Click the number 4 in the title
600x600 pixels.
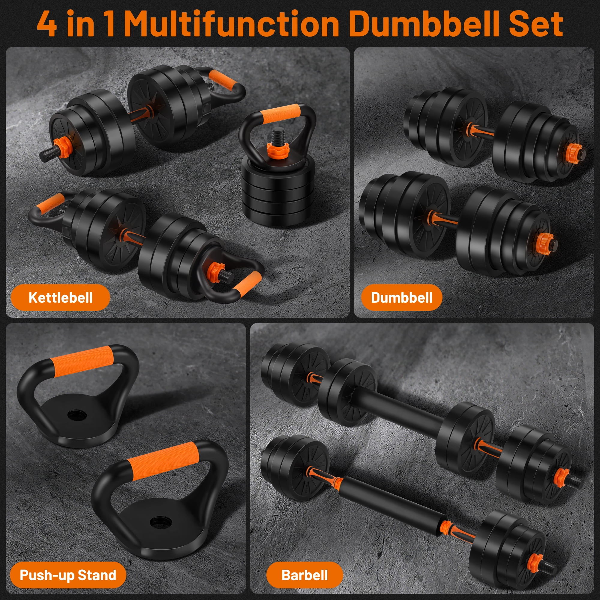47,24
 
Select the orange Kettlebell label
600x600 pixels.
60,297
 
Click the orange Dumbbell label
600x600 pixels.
402,297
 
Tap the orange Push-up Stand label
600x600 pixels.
68,575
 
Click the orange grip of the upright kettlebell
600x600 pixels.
280,112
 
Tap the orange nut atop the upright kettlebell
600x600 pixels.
278,150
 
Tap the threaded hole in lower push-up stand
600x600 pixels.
160,522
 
